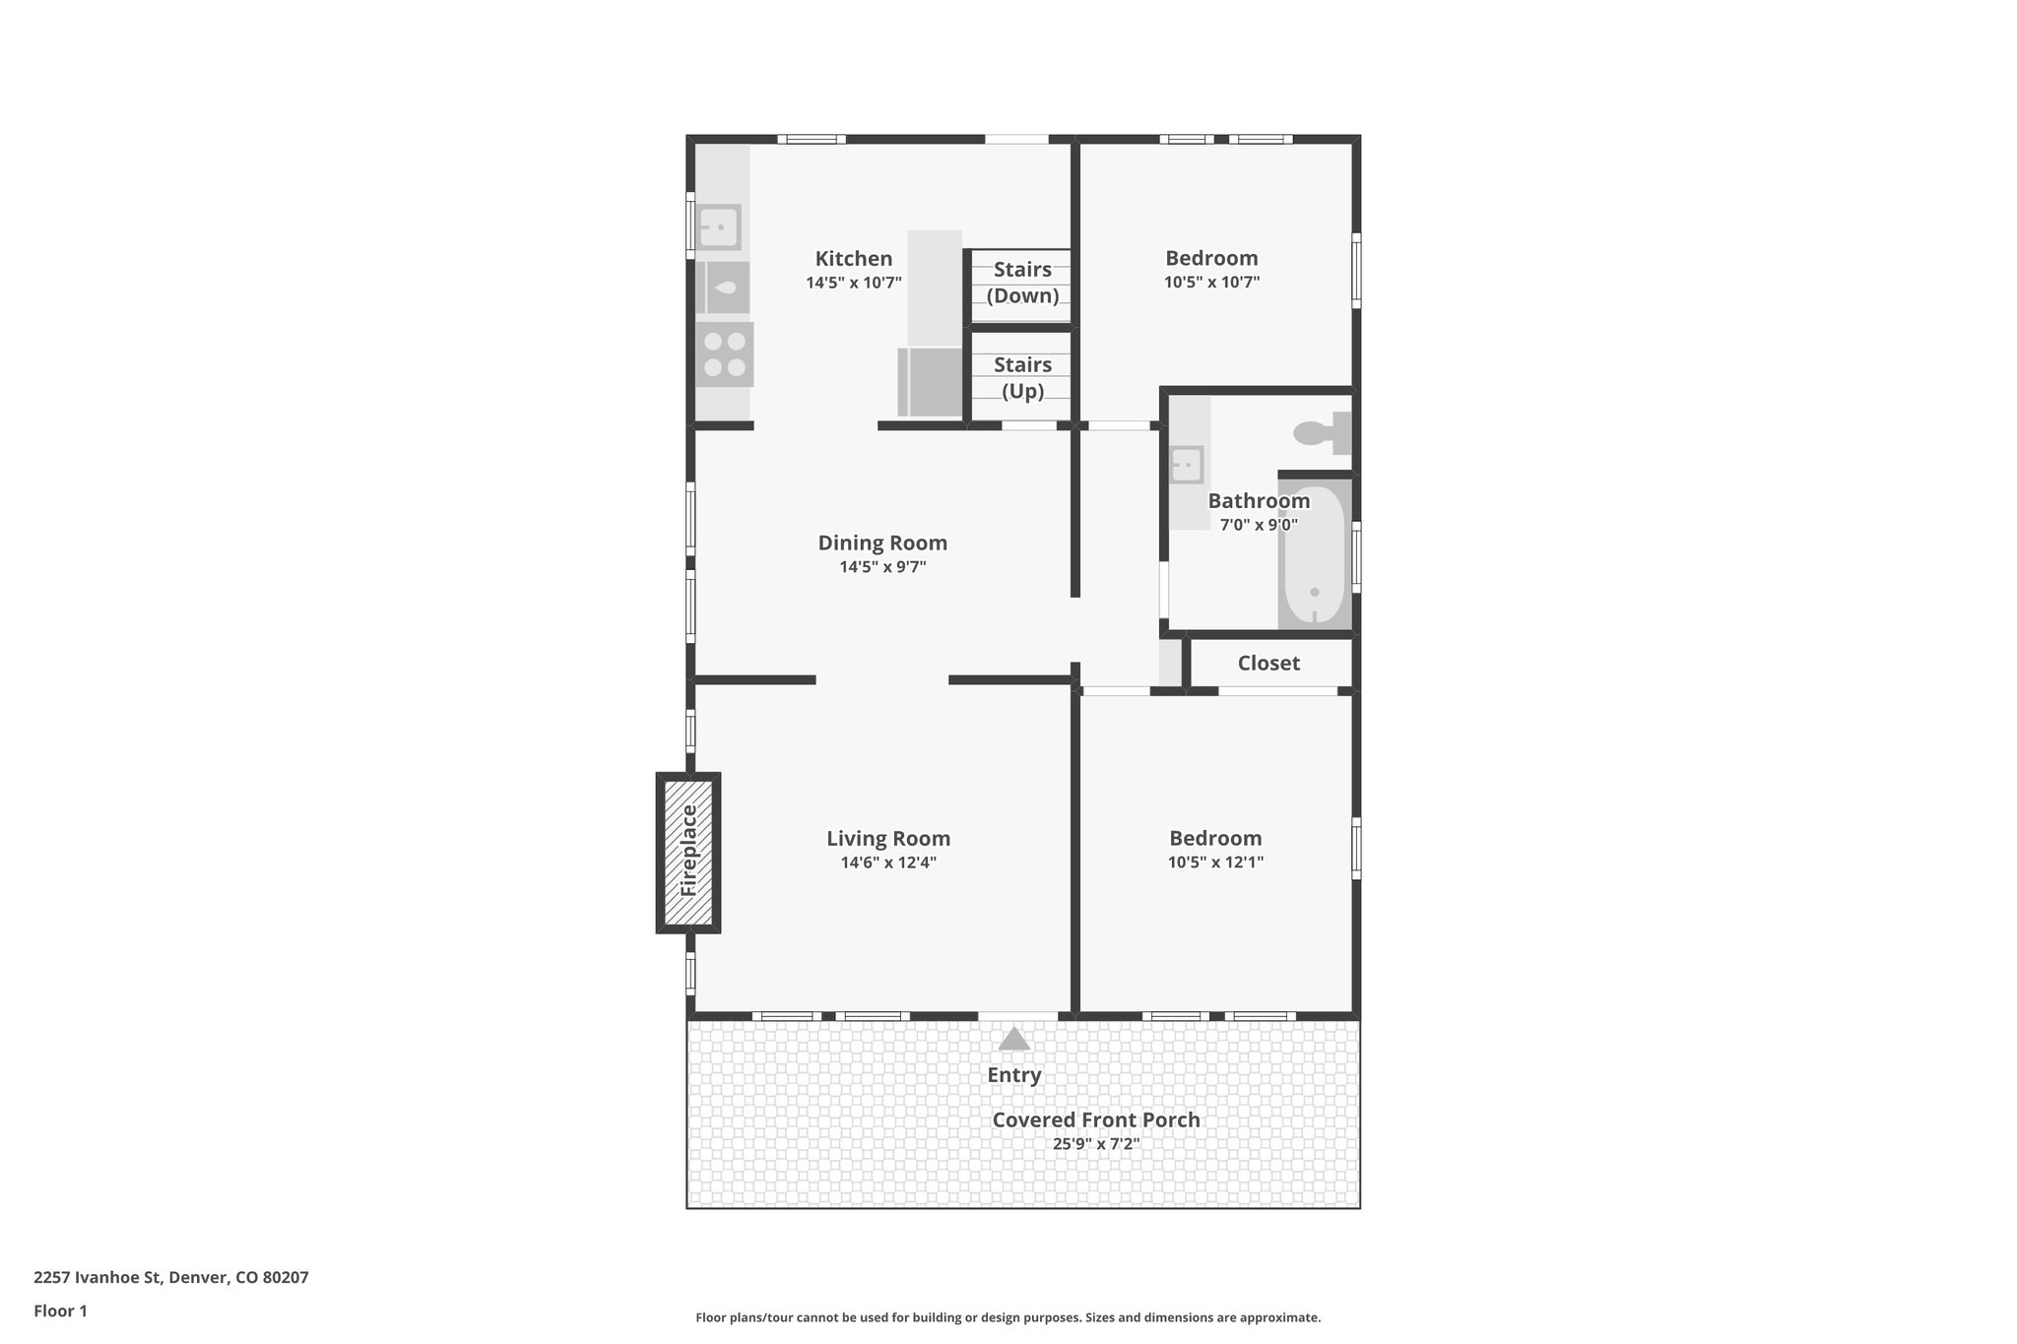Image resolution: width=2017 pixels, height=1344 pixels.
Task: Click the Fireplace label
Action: (689, 851)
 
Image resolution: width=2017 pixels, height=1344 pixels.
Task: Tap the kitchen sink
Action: (719, 227)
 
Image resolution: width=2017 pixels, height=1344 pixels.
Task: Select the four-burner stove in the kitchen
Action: (725, 354)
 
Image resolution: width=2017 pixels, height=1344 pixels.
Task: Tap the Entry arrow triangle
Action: (1014, 1040)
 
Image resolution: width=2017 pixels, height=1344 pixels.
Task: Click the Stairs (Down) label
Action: (1022, 283)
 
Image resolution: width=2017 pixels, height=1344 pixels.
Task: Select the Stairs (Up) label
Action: (1022, 378)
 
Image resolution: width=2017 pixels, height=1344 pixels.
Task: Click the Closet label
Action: (1269, 664)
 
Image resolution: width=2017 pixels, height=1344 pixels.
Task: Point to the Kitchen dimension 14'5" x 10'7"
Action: (854, 283)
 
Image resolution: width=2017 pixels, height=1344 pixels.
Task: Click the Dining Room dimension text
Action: (882, 567)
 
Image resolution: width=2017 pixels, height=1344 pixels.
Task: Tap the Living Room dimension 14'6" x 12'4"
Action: (887, 863)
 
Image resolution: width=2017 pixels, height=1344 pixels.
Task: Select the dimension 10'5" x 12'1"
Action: (1215, 863)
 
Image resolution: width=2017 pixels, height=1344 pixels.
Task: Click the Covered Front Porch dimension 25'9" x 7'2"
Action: (1095, 1144)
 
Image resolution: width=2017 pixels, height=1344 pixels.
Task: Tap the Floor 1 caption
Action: (60, 1312)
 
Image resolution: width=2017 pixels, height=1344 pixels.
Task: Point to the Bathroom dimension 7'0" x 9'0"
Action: (1259, 525)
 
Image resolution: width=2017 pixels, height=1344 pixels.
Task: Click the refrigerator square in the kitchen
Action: (930, 382)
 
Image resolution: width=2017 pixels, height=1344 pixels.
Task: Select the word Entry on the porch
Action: (1014, 1075)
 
